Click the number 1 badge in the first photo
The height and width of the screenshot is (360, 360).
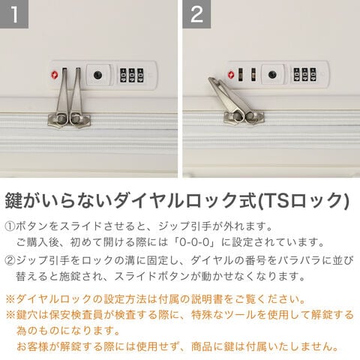pyautogui.click(x=14, y=14)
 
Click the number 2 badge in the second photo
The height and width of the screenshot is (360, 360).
pyautogui.click(x=196, y=14)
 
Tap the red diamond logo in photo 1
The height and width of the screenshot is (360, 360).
pyautogui.click(x=55, y=74)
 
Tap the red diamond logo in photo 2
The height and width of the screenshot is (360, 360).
pyautogui.click(x=231, y=74)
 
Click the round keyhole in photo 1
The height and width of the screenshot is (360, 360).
pyautogui.click(x=97, y=75)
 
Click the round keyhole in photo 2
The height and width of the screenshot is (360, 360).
pyautogui.click(x=272, y=74)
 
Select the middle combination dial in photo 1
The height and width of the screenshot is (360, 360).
pyautogui.click(x=132, y=75)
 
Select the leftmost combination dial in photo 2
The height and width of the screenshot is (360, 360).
pyautogui.click(x=297, y=74)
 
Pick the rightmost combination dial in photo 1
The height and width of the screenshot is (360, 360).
pyautogui.click(x=140, y=75)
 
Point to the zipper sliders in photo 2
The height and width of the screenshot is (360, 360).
pyautogui.click(x=244, y=117)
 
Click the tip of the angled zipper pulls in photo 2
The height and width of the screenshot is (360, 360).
pyautogui.click(x=211, y=79)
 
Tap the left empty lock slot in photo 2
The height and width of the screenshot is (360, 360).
pyautogui.click(x=241, y=74)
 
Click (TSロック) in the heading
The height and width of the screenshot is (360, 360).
pyautogui.click(x=303, y=200)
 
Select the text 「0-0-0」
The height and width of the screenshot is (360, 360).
pyautogui.click(x=194, y=242)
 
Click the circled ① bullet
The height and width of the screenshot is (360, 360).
pyautogui.click(x=10, y=226)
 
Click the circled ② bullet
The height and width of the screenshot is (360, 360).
pyautogui.click(x=10, y=260)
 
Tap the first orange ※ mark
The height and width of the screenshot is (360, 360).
pyautogui.click(x=10, y=299)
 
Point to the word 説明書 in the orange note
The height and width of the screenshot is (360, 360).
pyautogui.click(x=207, y=299)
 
